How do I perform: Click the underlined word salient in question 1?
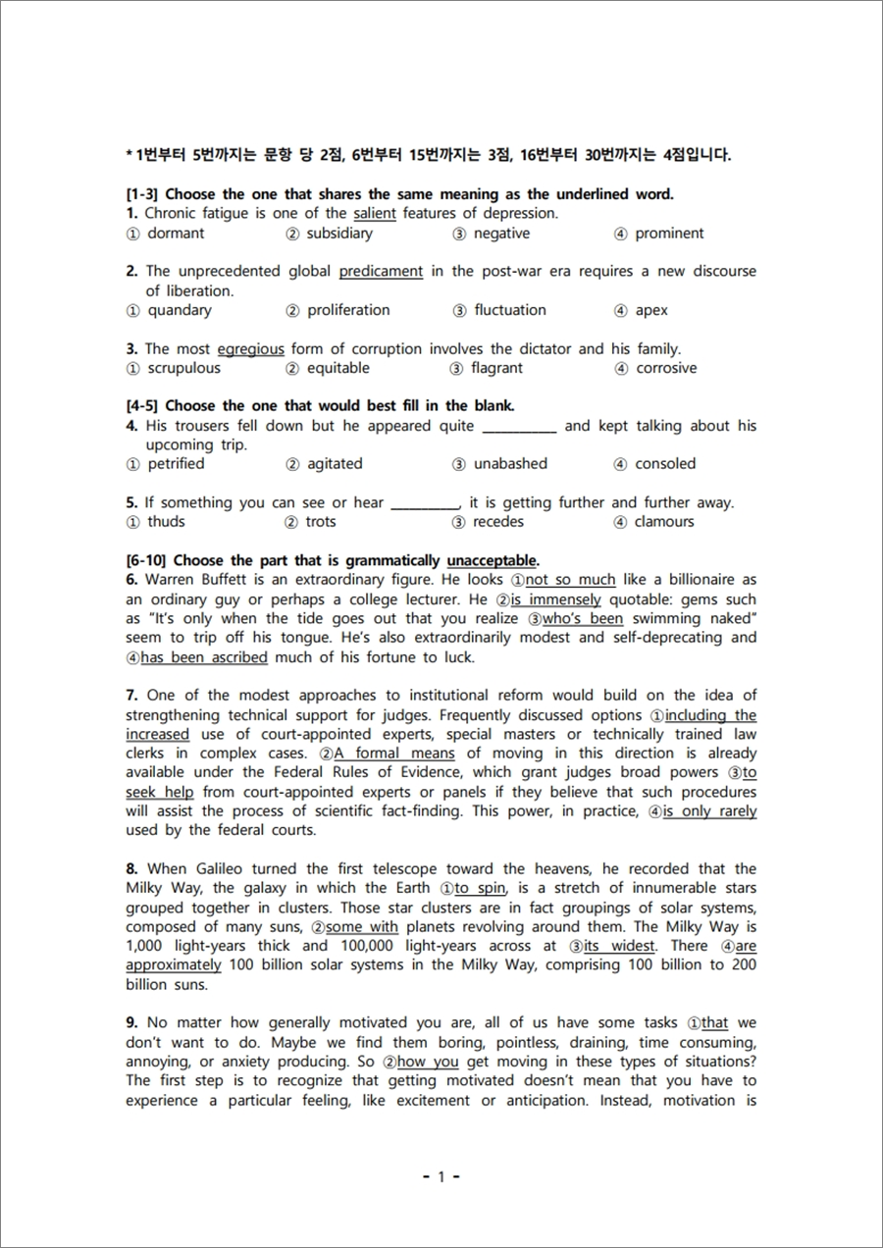(375, 213)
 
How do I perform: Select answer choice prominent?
(669, 234)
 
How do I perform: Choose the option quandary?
(179, 310)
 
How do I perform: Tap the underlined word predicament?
(381, 271)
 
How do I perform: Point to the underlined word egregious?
(250, 348)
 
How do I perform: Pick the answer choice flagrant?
(496, 368)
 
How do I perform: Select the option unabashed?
(510, 463)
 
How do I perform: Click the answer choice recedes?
(498, 522)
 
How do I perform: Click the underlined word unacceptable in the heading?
(492, 561)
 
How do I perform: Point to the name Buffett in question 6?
(216, 580)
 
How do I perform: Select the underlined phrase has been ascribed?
(190, 657)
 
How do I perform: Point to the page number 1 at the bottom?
(441, 1176)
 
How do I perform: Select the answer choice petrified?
(176, 463)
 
